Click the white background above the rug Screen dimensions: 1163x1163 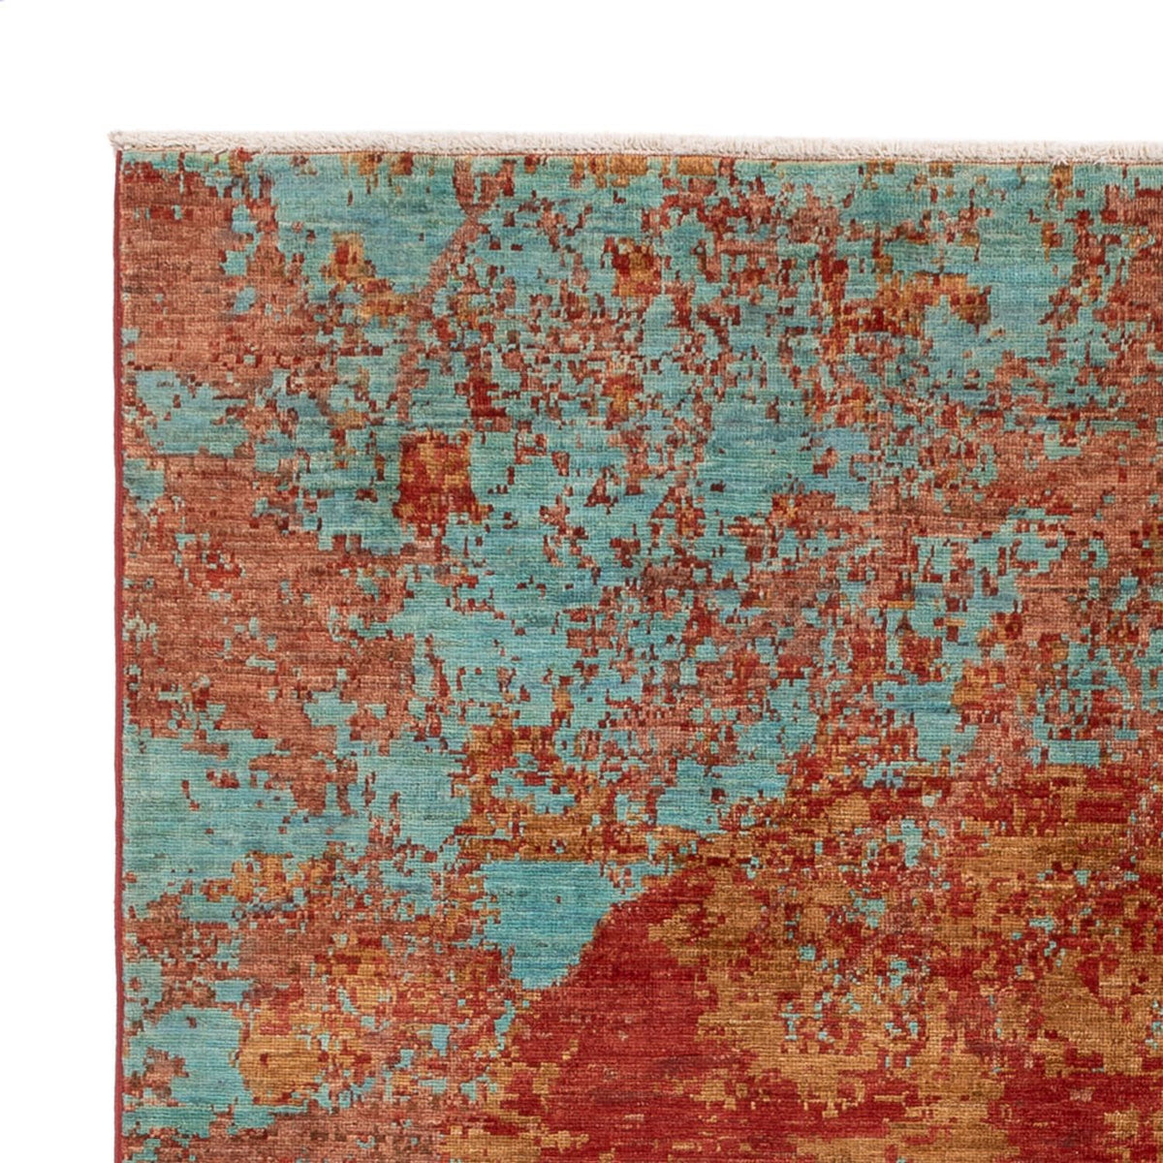(581, 58)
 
